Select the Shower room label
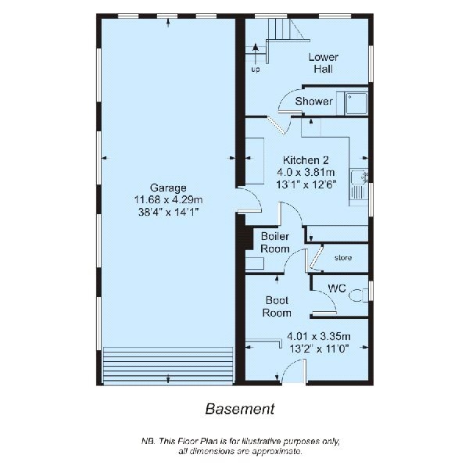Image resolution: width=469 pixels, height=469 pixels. click(314, 102)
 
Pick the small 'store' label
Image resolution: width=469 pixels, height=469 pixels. click(342, 257)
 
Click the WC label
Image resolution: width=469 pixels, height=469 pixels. click(337, 288)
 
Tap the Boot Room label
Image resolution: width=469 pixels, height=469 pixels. click(277, 306)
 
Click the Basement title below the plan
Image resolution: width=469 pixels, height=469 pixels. click(239, 408)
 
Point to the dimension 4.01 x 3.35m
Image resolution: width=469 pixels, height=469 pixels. click(320, 337)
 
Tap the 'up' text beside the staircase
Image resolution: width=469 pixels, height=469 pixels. click(256, 70)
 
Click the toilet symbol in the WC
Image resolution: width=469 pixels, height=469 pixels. click(359, 295)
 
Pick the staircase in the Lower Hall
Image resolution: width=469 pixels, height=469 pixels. click(280, 31)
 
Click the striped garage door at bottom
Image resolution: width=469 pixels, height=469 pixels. click(169, 365)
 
